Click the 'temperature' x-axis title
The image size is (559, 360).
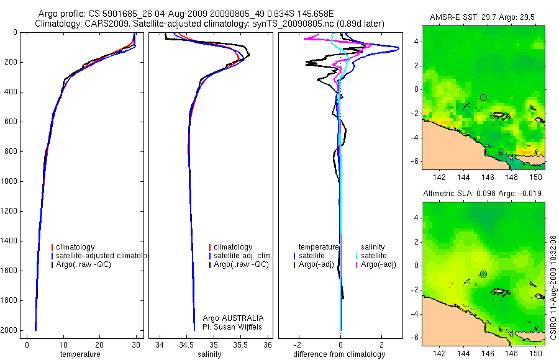[80, 354]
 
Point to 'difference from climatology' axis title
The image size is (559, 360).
[340, 354]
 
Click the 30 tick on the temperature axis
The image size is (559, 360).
[136, 345]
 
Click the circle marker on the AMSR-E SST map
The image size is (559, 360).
[483, 97]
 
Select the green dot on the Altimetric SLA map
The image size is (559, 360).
[483, 274]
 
